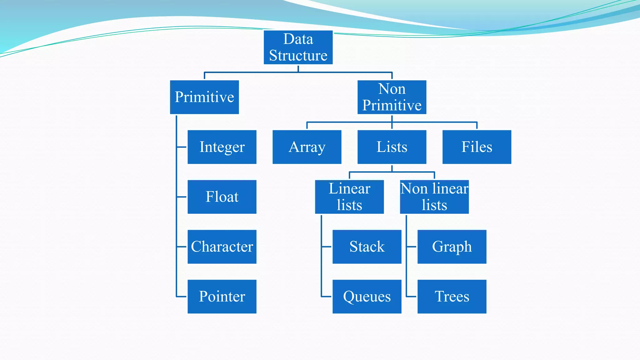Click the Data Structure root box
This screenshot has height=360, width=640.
(x=298, y=47)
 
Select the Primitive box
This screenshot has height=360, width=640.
(x=204, y=97)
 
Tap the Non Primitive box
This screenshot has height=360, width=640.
(x=392, y=97)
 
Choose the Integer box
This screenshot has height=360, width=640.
(x=222, y=147)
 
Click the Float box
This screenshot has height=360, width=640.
(x=222, y=197)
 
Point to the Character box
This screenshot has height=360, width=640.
(x=222, y=247)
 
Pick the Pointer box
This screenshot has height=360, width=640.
(x=222, y=297)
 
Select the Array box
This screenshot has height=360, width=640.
(x=307, y=147)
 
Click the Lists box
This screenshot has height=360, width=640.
(x=392, y=147)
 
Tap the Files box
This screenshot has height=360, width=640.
(x=477, y=147)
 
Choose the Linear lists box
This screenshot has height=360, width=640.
(x=349, y=197)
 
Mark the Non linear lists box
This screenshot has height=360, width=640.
(x=434, y=197)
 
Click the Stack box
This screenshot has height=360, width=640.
(x=367, y=247)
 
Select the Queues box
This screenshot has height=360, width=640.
(x=367, y=297)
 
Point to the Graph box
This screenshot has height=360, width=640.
(x=452, y=247)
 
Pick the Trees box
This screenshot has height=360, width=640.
(x=452, y=297)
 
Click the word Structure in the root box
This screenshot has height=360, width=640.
(x=298, y=56)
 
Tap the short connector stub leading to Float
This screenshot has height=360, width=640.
(x=182, y=197)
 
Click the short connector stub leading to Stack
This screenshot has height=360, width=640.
(x=327, y=247)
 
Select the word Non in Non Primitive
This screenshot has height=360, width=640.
(x=392, y=89)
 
